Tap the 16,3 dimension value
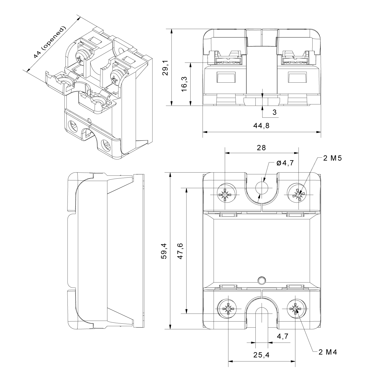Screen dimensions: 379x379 [184, 84]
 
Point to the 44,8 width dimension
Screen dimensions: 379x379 [262, 125]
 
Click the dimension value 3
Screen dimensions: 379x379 [275, 112]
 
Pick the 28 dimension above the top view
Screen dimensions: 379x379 [262, 148]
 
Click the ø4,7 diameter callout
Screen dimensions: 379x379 [285, 163]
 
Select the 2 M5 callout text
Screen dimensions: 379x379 [333, 158]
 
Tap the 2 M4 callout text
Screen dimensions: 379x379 [328, 352]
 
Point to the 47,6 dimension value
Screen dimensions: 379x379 [180, 251]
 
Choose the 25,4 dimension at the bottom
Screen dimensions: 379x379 [262, 355]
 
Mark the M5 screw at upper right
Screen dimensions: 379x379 [298, 195]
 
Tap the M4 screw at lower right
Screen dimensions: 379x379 [295, 309]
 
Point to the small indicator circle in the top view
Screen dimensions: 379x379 [262, 280]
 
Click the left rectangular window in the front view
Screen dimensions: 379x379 [226, 77]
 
